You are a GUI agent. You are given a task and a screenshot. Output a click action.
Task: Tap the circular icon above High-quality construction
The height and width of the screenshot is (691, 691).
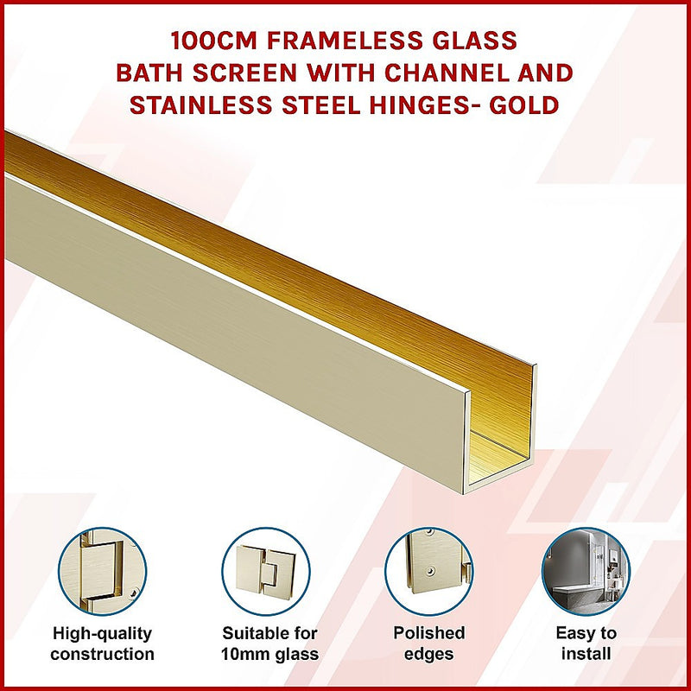point(102,570)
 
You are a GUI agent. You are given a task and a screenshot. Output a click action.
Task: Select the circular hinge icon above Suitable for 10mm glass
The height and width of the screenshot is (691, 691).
point(264,570)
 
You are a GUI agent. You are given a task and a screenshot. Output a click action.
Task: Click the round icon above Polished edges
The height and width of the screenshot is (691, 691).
point(428,570)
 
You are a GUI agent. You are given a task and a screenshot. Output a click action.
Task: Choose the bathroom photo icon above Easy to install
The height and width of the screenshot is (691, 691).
point(586,570)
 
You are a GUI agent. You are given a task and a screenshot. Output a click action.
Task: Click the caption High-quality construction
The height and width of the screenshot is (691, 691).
point(102,643)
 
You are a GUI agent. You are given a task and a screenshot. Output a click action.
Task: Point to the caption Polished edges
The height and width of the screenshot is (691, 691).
point(428,643)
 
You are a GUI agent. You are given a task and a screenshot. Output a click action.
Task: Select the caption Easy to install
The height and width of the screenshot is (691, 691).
point(586,643)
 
